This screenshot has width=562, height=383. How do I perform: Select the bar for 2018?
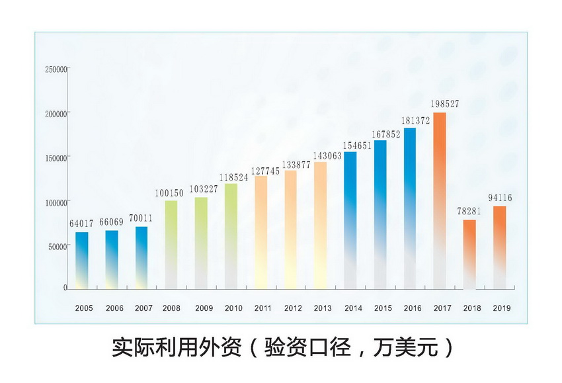click(469, 254)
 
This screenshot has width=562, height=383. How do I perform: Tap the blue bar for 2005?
click(82, 259)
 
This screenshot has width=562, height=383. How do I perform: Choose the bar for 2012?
click(290, 229)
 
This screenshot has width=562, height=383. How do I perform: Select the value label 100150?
click(170, 193)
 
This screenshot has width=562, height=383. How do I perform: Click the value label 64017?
click(83, 224)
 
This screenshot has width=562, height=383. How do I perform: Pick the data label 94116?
click(501, 198)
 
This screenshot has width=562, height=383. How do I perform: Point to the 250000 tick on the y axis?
click(56, 69)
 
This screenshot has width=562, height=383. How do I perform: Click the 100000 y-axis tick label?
click(56, 202)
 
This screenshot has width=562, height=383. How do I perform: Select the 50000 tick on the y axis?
click(58, 246)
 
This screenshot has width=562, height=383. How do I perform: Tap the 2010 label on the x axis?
click(233, 308)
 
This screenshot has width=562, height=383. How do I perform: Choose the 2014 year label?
click(353, 308)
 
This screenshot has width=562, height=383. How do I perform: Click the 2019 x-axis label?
click(502, 308)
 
